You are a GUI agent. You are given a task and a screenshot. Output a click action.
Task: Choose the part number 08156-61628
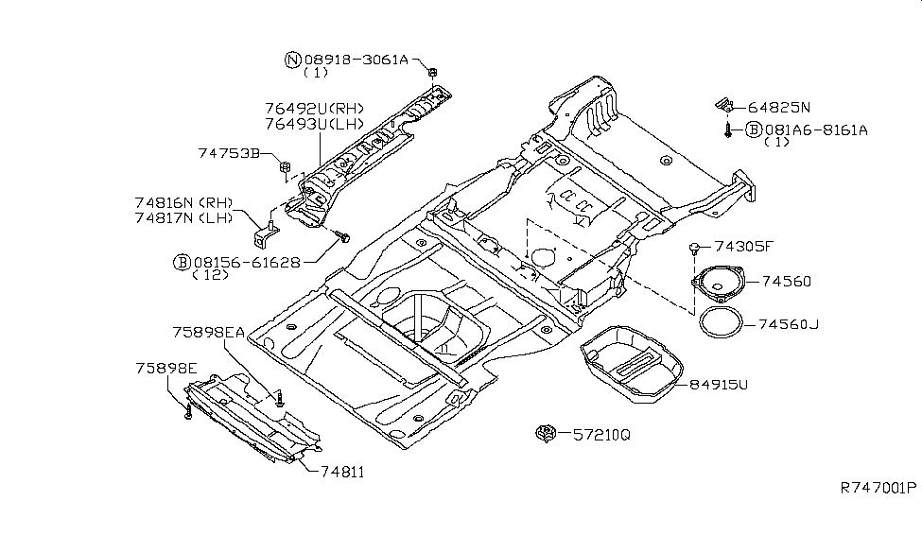click(x=247, y=262)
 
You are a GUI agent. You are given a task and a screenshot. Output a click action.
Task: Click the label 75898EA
click(x=209, y=332)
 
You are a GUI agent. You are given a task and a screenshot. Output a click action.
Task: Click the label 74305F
click(x=744, y=247)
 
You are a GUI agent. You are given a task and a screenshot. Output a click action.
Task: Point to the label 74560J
click(x=789, y=324)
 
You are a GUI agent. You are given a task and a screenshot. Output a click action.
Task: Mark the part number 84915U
click(x=719, y=385)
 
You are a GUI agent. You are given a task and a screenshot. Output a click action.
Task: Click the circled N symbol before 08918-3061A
click(x=293, y=60)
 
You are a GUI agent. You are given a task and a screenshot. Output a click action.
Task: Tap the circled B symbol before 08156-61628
click(x=180, y=262)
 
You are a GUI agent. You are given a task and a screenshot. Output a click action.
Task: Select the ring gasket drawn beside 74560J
click(x=722, y=321)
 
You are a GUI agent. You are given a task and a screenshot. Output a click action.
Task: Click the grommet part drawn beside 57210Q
click(x=544, y=434)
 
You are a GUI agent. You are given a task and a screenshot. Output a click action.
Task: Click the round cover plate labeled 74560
click(x=719, y=282)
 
